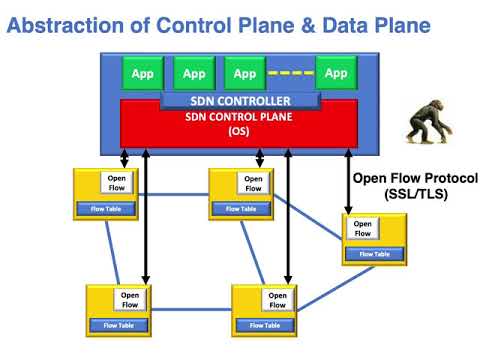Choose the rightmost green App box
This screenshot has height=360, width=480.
336,73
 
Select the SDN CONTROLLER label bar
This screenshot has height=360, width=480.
240,101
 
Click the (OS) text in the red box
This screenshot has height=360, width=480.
240,131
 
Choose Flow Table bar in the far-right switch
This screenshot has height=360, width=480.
374,254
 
